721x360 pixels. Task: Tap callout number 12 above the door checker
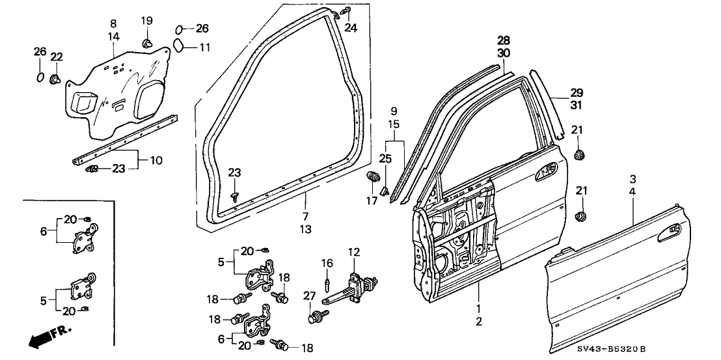point(353,252)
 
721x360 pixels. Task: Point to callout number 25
point(385,159)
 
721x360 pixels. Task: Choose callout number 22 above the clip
point(57,57)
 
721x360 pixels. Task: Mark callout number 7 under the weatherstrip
point(306,216)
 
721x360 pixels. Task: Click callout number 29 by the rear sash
point(577,92)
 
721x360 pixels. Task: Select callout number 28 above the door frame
point(504,41)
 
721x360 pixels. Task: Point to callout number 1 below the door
point(478,307)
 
